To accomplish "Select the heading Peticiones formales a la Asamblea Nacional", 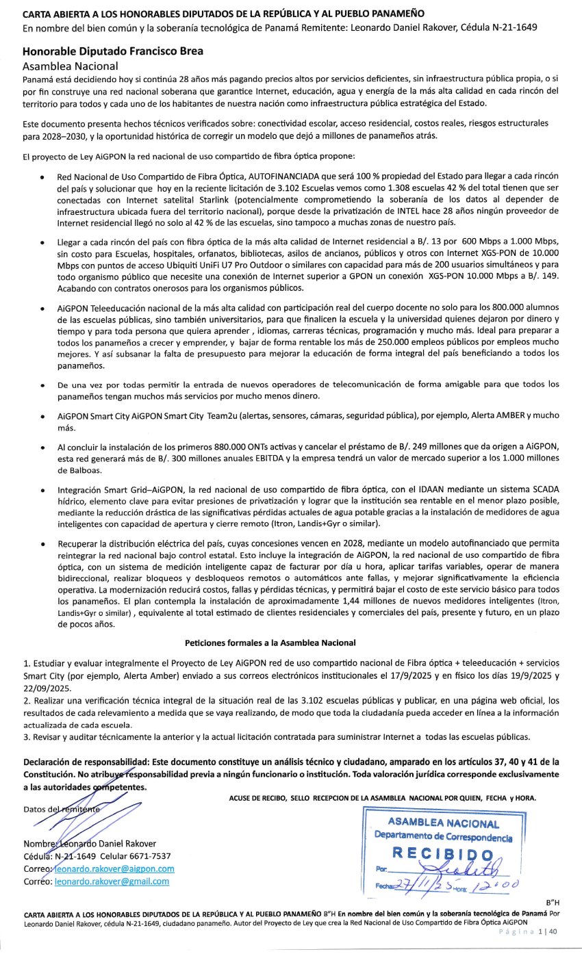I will click(270, 643).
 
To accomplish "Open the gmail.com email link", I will click(112, 881).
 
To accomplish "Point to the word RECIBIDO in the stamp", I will click(442, 853).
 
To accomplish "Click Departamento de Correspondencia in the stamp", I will click(443, 837).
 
